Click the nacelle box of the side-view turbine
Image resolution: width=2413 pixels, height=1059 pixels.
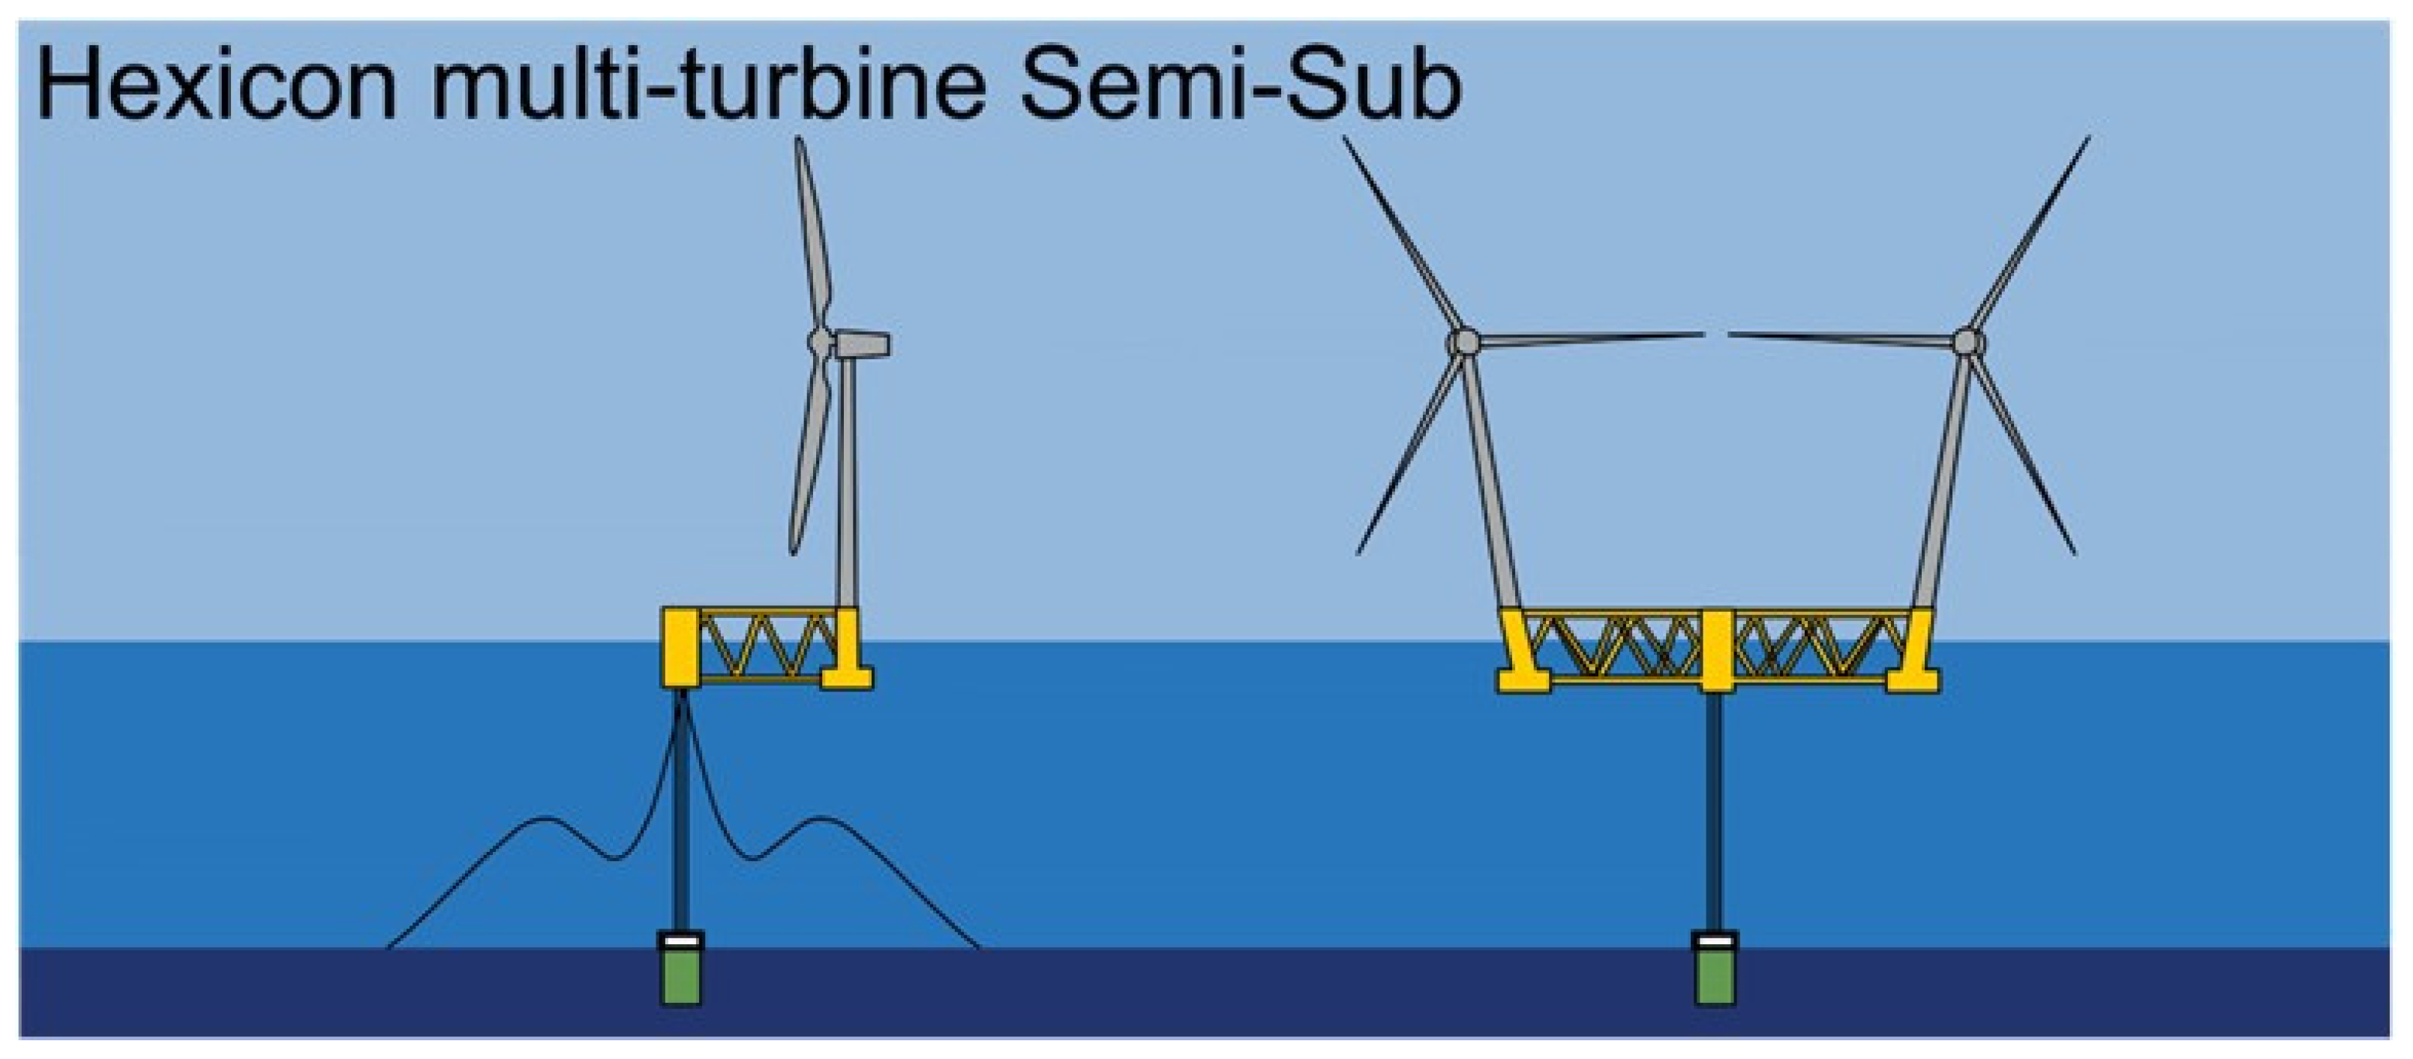862,343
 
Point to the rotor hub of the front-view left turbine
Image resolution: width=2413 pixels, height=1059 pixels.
1463,342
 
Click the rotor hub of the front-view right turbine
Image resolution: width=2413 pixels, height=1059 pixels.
1968,342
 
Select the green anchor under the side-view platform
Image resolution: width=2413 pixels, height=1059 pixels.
681,979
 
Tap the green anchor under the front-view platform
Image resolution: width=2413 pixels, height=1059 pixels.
1715,979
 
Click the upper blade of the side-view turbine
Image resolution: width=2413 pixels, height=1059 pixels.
811,234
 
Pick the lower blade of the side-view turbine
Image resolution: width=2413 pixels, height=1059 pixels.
810,459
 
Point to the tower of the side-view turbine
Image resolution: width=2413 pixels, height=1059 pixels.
848,478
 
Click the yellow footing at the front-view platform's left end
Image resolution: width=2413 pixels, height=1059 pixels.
1524,679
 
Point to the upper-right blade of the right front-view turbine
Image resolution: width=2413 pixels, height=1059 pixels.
2033,234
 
